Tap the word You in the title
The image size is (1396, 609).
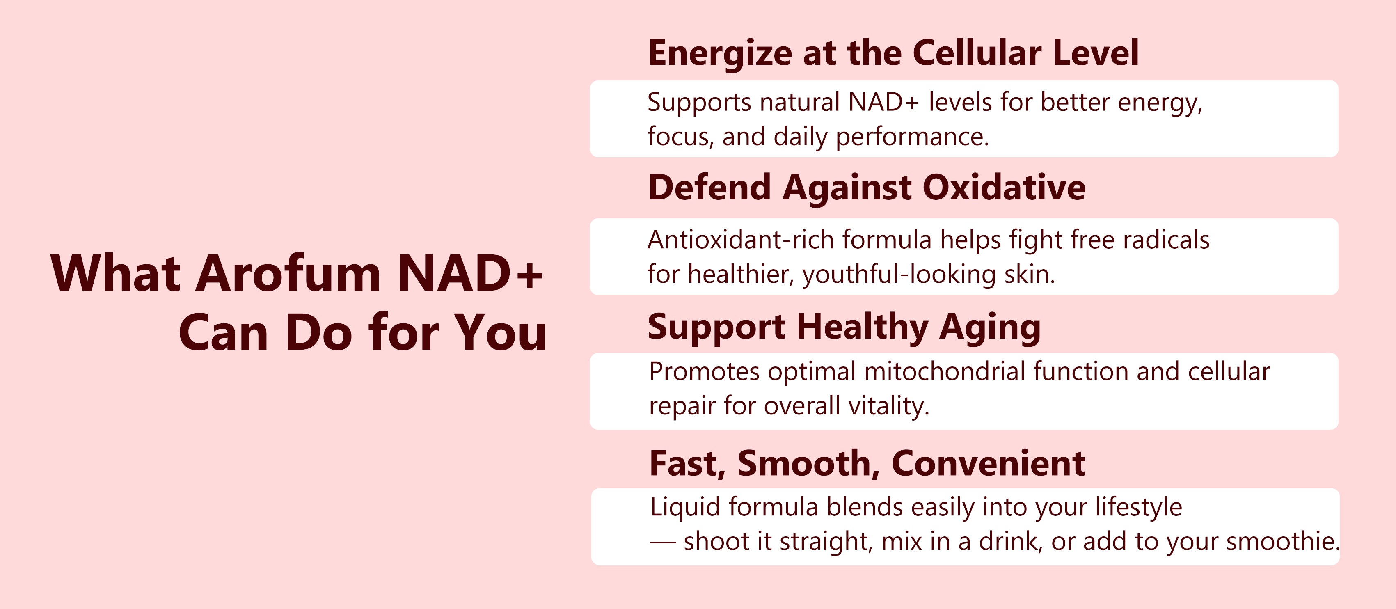point(500,332)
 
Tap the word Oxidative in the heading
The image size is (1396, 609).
point(1004,188)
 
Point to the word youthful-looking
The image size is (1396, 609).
point(899,274)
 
